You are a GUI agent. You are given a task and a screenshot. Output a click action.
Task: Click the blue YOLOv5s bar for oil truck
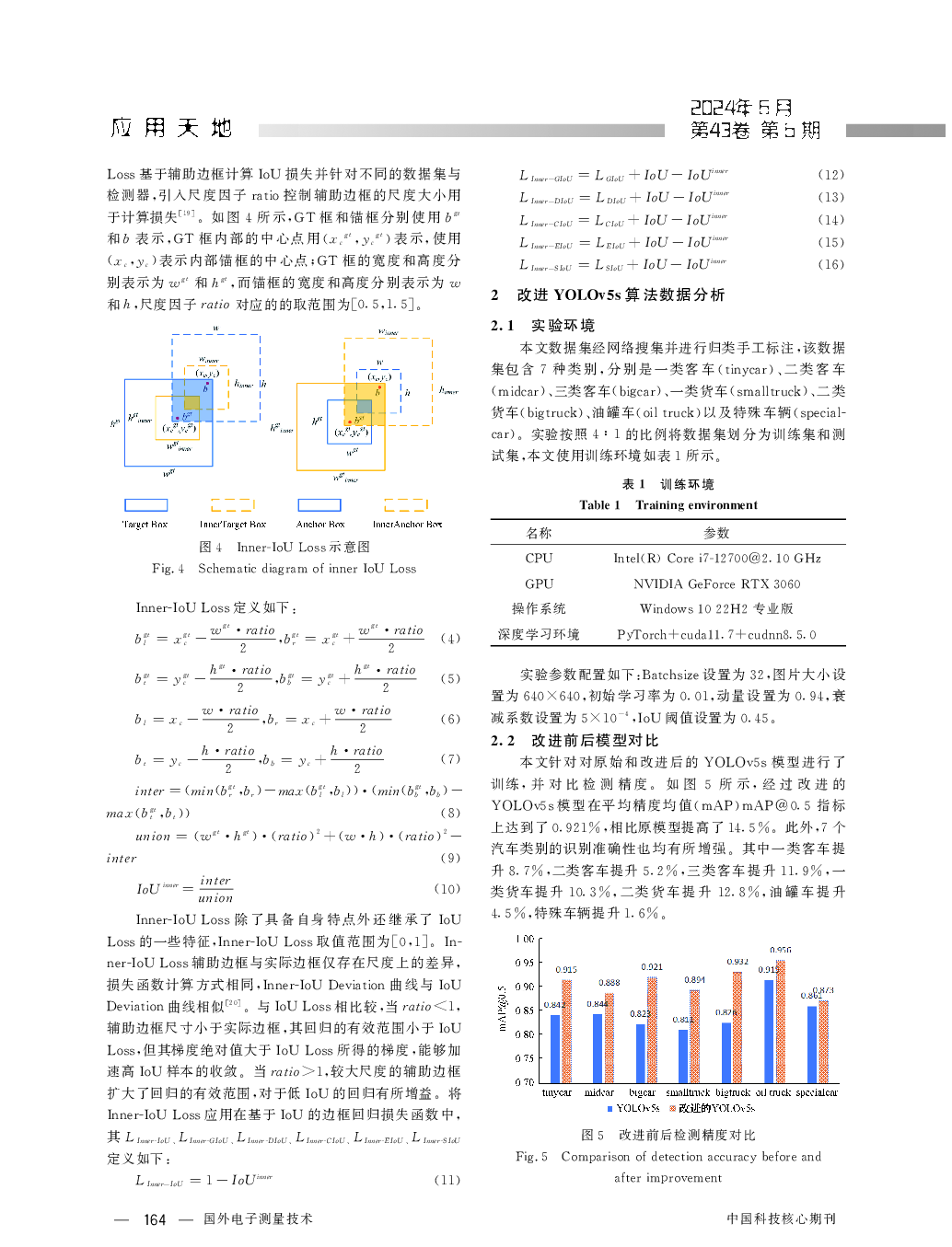click(769, 1031)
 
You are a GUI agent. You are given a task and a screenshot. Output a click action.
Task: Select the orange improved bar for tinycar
click(567, 1031)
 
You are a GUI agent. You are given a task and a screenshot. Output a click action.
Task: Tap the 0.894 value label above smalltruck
click(695, 980)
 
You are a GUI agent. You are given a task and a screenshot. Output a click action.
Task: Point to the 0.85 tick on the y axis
click(525, 1010)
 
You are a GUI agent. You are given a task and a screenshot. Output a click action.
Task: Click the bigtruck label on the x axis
click(733, 1092)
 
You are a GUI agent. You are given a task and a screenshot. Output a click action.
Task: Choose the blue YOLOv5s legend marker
click(610, 1109)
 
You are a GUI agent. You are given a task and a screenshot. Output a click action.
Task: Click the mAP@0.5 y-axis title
click(503, 1009)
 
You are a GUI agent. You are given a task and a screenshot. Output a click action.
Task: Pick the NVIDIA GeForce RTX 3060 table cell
click(716, 584)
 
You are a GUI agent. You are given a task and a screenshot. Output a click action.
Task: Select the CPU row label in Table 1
click(539, 559)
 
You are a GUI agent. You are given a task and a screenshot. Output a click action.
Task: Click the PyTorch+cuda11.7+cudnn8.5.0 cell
click(716, 635)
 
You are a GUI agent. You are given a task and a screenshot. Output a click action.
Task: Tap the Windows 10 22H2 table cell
click(716, 609)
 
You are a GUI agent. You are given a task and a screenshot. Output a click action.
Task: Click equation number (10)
click(447, 889)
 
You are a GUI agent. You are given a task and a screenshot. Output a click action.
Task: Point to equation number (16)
click(830, 265)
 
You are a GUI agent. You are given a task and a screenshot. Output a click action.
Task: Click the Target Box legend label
click(145, 525)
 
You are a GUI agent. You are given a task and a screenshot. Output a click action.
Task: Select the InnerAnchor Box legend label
click(407, 525)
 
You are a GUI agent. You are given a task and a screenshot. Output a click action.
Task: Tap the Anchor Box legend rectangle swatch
click(319, 504)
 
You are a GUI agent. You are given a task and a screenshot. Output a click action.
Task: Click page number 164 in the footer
click(155, 1220)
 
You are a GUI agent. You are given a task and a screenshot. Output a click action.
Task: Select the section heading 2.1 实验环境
click(543, 326)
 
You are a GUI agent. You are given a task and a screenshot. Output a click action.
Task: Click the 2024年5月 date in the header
click(741, 108)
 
